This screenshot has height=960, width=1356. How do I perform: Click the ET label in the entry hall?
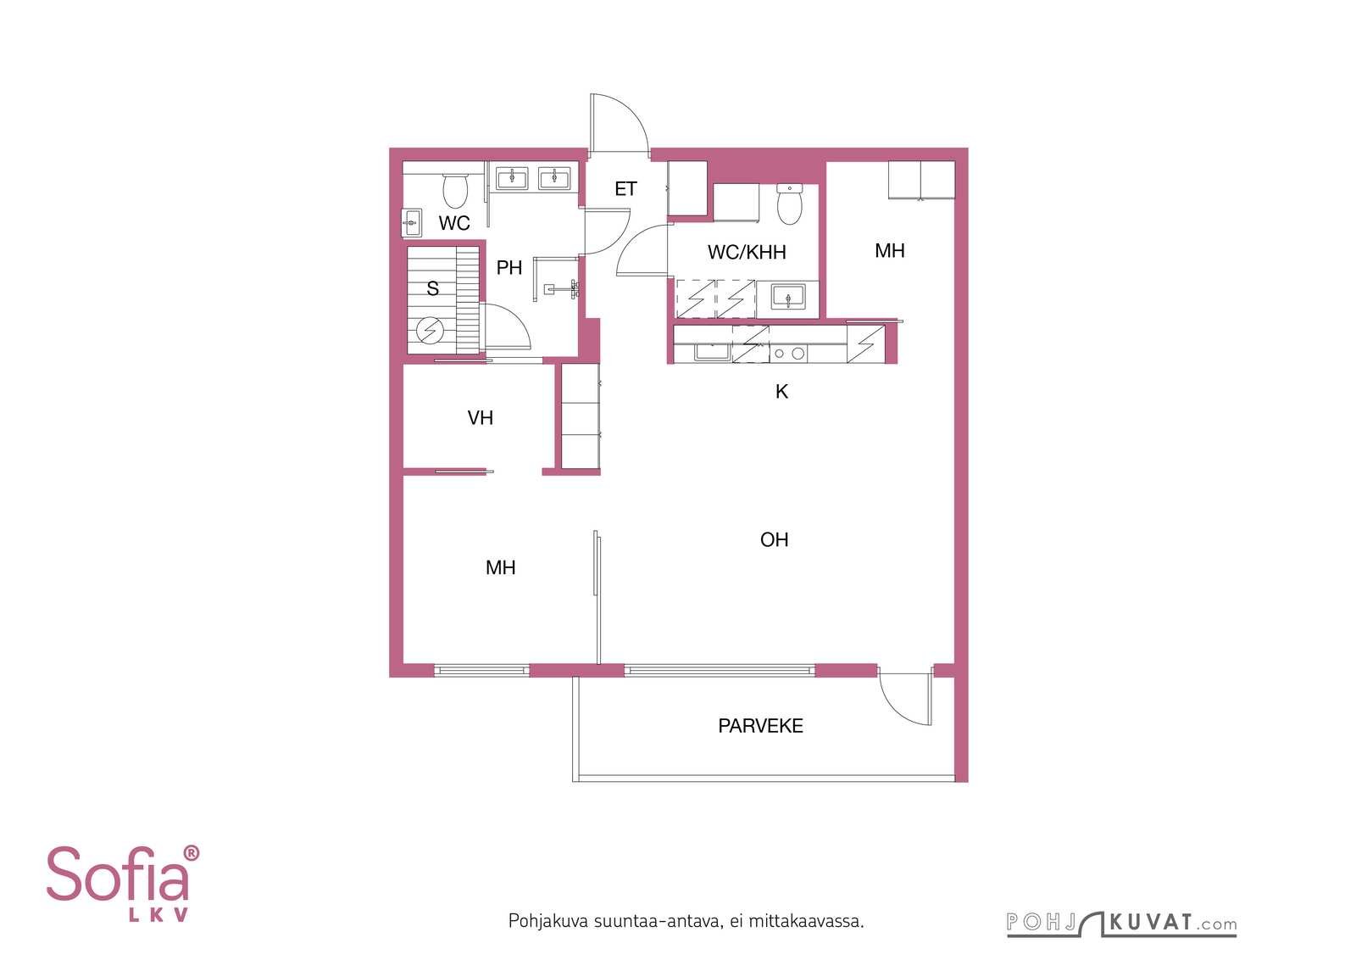click(625, 189)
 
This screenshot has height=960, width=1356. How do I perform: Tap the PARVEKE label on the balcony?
click(760, 726)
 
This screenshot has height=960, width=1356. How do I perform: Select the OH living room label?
click(775, 539)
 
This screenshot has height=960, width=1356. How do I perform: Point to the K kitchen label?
click(781, 392)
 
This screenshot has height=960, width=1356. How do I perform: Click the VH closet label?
click(480, 418)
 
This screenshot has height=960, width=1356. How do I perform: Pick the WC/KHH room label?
click(747, 252)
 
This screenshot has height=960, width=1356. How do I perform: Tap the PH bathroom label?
click(509, 268)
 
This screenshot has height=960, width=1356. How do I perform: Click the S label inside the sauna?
click(432, 289)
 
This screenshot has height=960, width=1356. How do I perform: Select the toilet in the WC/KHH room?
click(789, 204)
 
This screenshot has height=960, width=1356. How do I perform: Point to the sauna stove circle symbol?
click(430, 331)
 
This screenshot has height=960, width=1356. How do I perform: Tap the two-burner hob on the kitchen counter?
click(788, 353)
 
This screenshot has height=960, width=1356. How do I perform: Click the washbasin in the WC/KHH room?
click(787, 298)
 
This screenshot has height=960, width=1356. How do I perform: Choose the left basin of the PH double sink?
click(512, 179)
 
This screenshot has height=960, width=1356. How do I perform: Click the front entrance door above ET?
click(619, 124)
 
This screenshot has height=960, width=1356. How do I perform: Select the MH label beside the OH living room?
click(501, 567)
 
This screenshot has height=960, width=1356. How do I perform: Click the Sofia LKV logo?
click(122, 884)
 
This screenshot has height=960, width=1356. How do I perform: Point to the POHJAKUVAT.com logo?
click(1121, 924)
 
